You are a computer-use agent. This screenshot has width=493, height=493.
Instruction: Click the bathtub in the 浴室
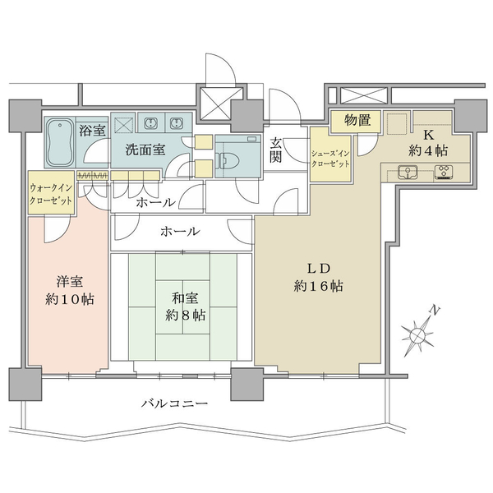[60, 142]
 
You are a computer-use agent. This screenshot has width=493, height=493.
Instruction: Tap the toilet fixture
[228, 159]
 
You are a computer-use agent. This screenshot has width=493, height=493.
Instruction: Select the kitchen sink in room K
[408, 172]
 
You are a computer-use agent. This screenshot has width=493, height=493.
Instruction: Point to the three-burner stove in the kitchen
[445, 172]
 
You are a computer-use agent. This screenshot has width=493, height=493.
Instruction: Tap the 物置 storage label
[357, 121]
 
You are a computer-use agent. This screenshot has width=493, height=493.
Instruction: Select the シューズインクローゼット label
[330, 159]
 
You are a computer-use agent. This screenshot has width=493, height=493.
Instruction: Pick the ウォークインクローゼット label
[51, 194]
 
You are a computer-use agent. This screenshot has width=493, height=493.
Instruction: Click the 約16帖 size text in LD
[319, 286]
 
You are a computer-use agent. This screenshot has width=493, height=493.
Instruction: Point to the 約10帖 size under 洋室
[70, 299]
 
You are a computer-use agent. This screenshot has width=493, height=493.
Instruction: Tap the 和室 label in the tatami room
[185, 297]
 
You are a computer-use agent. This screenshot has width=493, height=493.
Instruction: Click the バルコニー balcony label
[174, 403]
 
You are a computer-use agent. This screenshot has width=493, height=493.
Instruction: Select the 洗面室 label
[145, 150]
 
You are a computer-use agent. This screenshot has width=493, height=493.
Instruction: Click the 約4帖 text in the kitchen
[428, 151]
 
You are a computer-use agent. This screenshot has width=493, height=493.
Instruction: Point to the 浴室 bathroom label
[92, 130]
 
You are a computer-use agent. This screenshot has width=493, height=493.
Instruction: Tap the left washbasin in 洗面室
[151, 123]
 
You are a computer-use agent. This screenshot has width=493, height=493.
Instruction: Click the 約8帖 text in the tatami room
[186, 315]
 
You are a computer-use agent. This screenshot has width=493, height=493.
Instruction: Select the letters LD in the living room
[319, 268]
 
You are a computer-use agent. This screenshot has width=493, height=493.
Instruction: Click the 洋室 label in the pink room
[70, 282]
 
